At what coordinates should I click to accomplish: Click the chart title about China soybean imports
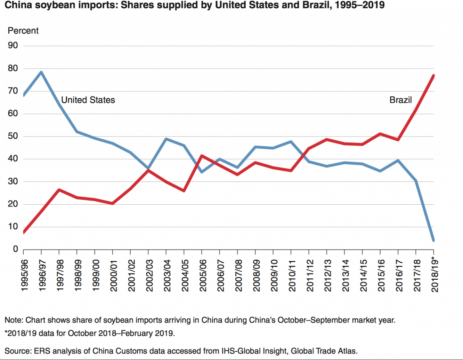[194, 5]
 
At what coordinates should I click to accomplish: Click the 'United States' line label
[88, 100]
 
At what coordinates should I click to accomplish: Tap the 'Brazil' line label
[400, 100]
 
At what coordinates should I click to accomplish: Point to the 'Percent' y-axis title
[23, 31]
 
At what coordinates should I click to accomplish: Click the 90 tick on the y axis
[13, 46]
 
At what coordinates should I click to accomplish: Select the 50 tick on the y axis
[13, 136]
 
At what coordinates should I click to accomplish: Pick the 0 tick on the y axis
[15, 249]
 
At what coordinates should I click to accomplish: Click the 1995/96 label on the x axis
[24, 275]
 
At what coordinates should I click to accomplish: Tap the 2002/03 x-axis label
[149, 275]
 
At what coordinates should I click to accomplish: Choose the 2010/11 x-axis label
[292, 275]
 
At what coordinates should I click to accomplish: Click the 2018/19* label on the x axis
[434, 275]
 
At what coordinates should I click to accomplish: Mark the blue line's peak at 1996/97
[41, 72]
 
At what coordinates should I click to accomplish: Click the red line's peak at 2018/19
[433, 76]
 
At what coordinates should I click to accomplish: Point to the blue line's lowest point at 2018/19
[433, 240]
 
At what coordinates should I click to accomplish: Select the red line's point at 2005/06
[202, 156]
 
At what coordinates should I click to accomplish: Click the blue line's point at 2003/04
[166, 139]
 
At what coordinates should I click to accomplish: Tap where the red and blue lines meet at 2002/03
[148, 170]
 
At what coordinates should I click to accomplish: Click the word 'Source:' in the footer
[18, 351]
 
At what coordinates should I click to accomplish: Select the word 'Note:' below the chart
[14, 320]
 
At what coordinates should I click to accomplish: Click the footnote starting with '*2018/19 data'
[90, 333]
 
